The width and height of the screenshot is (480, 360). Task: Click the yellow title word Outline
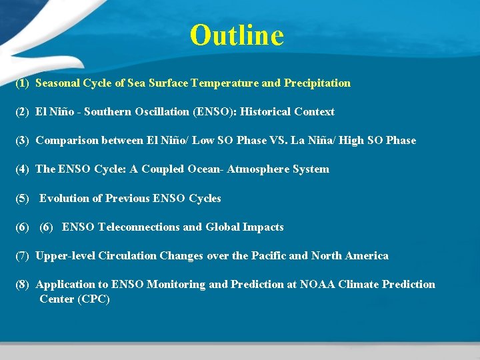(237, 35)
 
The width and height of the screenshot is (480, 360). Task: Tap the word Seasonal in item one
(57, 83)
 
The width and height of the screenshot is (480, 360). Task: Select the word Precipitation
(317, 83)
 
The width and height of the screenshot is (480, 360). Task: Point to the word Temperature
(225, 83)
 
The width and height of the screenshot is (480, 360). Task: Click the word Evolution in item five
(63, 198)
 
